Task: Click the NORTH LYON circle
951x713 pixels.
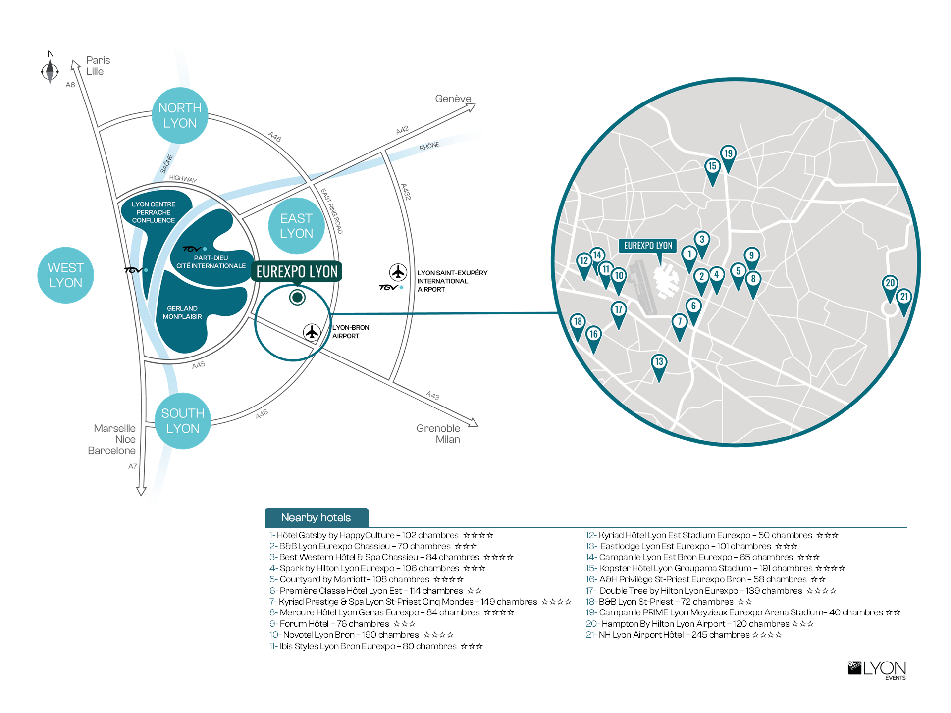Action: pos(180,115)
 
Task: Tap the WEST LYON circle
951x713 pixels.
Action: pos(65,275)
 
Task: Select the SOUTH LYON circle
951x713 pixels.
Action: pos(183,421)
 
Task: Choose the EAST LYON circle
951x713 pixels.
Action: pos(296,226)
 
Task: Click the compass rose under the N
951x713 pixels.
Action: pos(50,72)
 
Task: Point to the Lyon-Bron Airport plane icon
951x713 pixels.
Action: pos(312,332)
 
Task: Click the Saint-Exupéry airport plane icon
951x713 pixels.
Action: pos(398,272)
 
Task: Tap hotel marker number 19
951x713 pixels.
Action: pos(728,157)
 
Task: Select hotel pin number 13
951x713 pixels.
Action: pos(659,366)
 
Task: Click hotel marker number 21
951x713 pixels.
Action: pos(904,301)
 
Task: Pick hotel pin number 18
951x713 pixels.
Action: pos(578,326)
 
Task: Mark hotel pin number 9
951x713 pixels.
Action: pos(751,260)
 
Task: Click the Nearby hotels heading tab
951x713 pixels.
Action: pos(317,517)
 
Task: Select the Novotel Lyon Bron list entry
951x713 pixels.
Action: pos(362,635)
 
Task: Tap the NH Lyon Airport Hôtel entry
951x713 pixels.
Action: pos(684,635)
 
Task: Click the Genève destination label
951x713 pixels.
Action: pos(453,99)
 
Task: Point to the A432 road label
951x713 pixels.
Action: pos(406,192)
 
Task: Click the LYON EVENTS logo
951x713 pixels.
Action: pos(877,670)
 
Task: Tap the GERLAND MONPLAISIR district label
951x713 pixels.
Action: pos(182,312)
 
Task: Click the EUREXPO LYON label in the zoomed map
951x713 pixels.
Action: pos(648,246)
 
